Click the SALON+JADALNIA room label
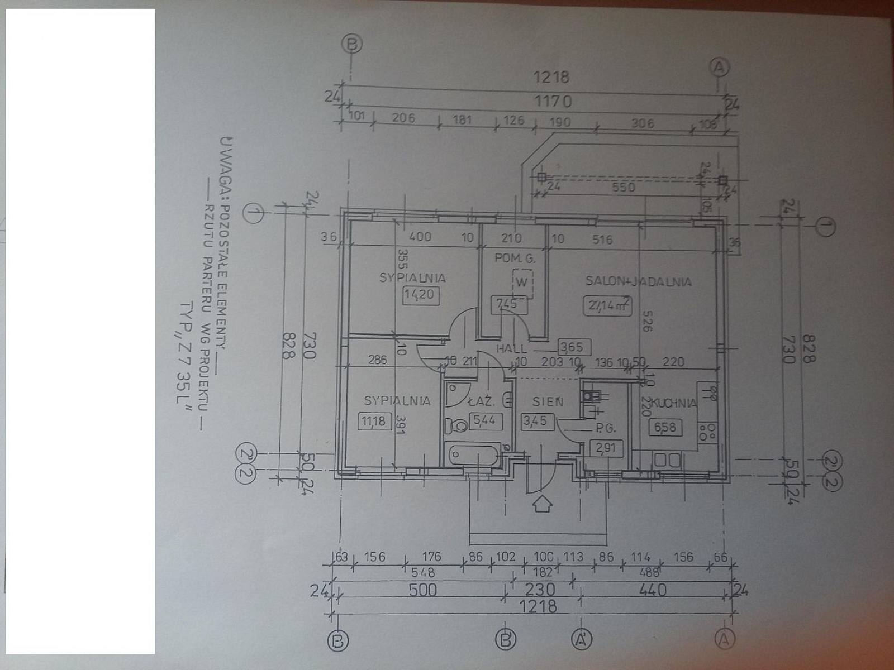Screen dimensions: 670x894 (638, 281)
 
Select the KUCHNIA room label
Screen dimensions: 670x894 (676, 403)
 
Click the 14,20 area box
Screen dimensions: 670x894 (419, 294)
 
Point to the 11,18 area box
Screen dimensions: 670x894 (373, 420)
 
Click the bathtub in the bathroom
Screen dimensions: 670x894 (474, 454)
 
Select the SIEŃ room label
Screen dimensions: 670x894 (548, 402)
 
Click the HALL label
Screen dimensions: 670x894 (511, 348)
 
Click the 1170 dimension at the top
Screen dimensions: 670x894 (553, 102)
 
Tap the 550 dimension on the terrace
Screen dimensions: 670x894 (623, 186)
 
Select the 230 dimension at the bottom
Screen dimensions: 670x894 (540, 590)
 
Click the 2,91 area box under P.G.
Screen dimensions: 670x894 (606, 447)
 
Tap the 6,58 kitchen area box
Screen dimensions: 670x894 (665, 428)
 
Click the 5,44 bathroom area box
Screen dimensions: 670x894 (484, 420)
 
